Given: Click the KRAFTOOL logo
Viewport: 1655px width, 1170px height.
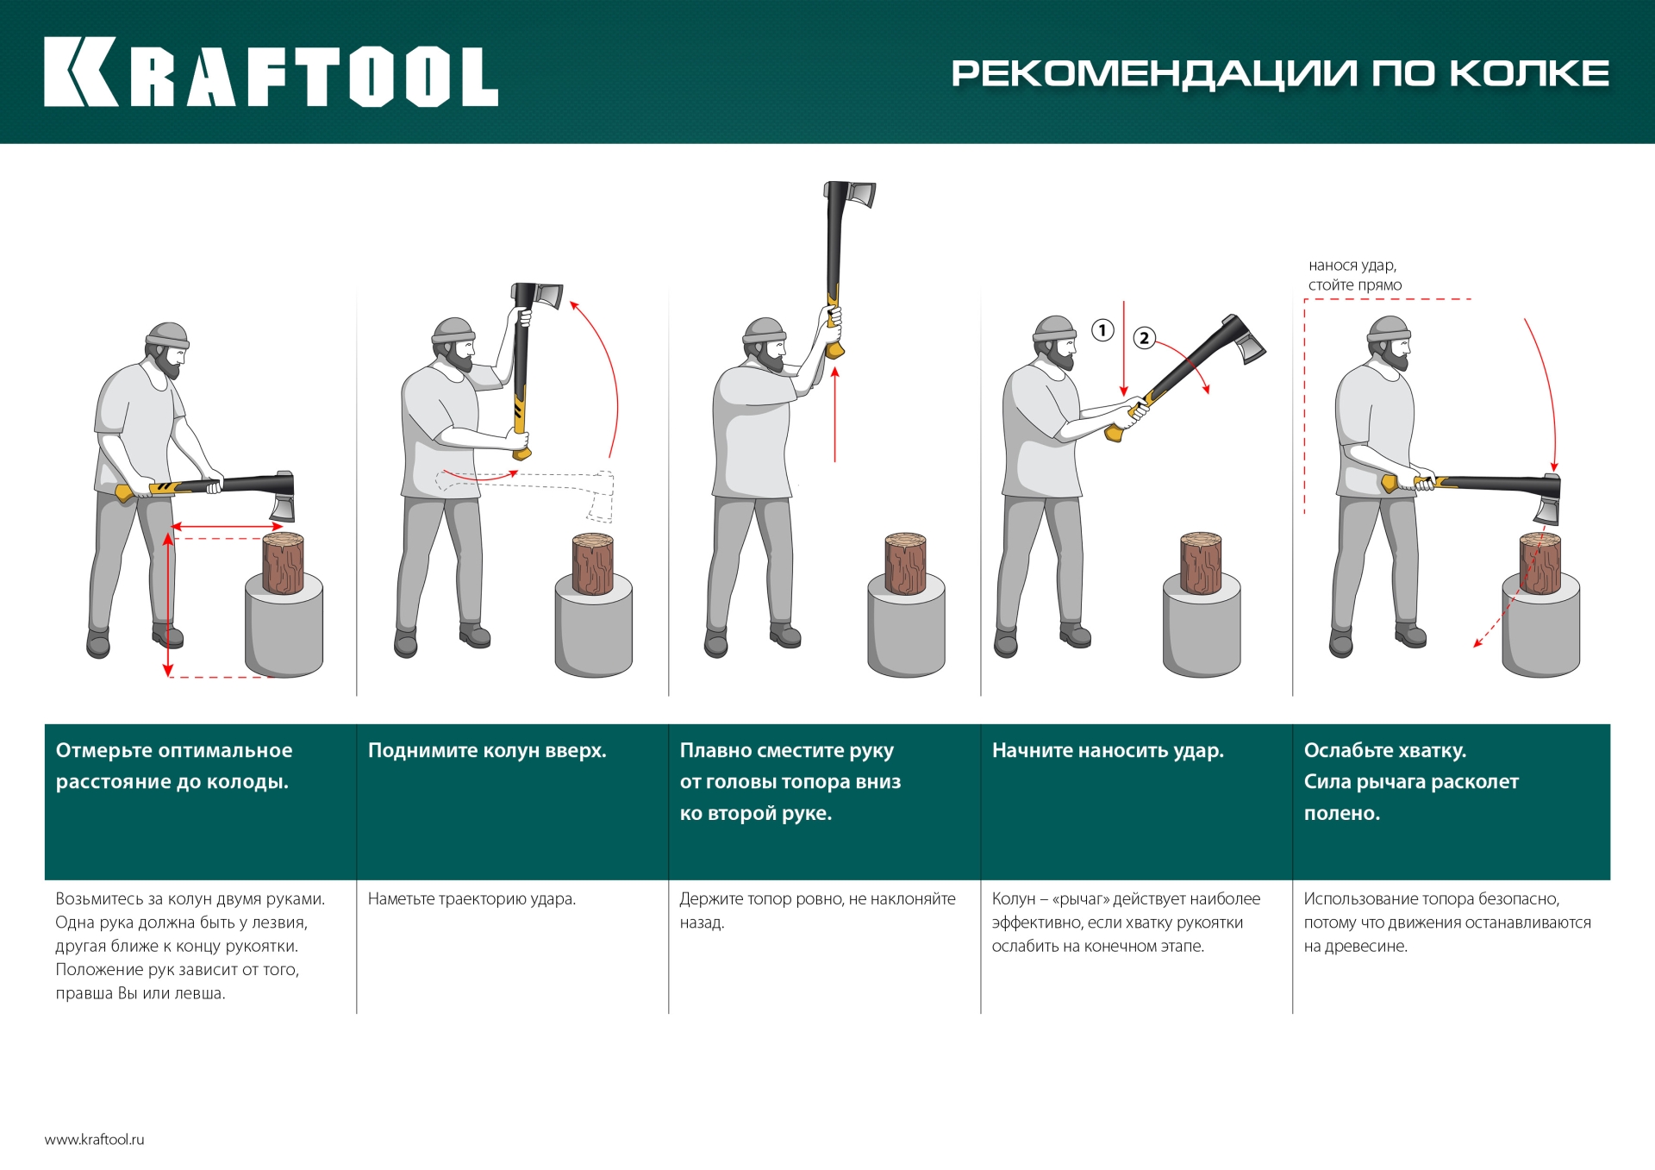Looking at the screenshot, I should pos(271,72).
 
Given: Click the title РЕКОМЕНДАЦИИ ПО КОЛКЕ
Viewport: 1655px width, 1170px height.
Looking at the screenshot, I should pos(1279,73).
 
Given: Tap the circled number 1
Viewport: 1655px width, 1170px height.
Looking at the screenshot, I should pos(1102,330).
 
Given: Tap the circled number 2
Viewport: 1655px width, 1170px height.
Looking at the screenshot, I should pos(1144,338).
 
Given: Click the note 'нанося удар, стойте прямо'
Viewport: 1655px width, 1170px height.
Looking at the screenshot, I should pos(1354,275).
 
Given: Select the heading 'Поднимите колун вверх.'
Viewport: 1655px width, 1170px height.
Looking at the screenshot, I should pos(487,750).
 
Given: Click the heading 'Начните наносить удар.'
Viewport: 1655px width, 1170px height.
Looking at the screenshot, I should pos(1108,750).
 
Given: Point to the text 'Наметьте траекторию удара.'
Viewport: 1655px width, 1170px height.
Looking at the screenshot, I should pos(472,898).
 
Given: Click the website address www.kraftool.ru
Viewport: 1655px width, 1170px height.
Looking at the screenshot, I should pos(95,1139).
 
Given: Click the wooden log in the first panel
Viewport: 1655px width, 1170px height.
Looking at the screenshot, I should pos(283,563).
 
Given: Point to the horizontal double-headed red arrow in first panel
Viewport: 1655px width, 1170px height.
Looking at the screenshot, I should pos(228,526).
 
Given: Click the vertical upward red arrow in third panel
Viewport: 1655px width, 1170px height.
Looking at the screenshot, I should pos(834,414).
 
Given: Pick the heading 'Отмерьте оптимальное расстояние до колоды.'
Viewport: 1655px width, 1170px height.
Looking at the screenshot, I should pos(173,766).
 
